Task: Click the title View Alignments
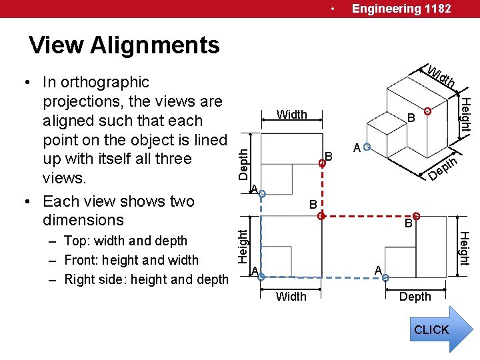coord(124,45)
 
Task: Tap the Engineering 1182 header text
coord(401,9)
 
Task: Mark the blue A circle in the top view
coord(262,194)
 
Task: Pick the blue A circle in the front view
coord(261,277)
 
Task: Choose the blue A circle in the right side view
coord(385,277)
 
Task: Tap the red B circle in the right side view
coord(416,216)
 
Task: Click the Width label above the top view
coord(292,115)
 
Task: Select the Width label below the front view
coord(291,297)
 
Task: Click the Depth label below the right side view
coord(415,297)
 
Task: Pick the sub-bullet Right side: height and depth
coord(146,279)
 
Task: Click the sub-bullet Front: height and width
coord(131,260)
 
